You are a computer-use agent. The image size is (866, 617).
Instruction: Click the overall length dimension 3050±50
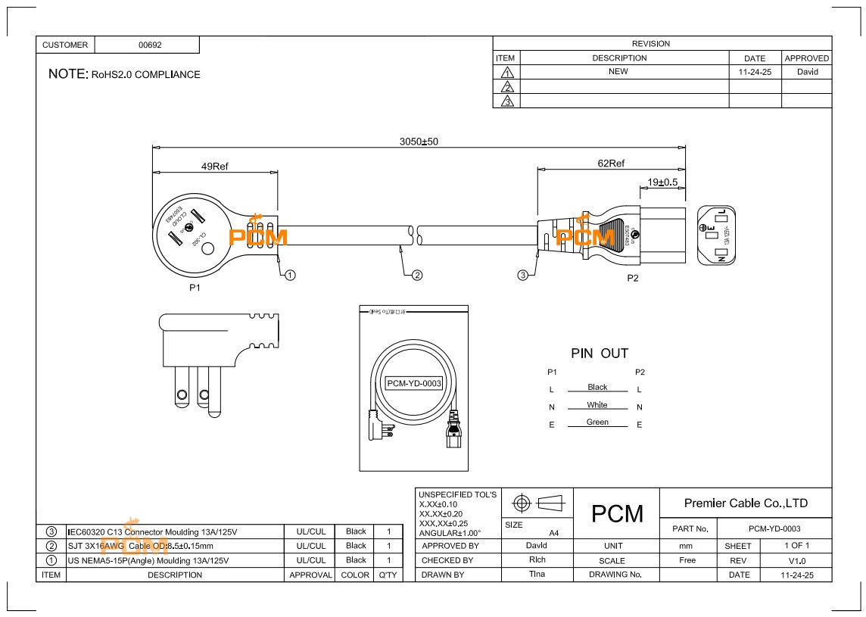pos(419,142)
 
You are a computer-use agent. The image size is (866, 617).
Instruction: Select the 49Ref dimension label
pos(214,167)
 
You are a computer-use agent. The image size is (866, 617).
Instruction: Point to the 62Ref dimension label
pos(611,164)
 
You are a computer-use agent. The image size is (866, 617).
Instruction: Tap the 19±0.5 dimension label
pos(662,182)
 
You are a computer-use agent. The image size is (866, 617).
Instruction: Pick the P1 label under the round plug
pos(195,288)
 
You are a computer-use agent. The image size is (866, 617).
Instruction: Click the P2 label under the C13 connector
pos(633,278)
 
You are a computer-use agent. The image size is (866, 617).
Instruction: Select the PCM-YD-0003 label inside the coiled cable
pos(413,383)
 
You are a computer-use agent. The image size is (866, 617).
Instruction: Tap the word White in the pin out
pos(597,405)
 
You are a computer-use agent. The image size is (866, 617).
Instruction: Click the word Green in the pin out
pos(597,422)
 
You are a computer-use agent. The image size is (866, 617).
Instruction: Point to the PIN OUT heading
pos(599,354)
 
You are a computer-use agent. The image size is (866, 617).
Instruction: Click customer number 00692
pos(150,45)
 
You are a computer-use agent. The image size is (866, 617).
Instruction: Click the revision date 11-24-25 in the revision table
pos(754,72)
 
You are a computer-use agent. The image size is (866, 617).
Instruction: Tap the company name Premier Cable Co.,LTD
pos(745,503)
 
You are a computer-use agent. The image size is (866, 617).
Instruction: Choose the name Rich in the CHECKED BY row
pos(537,560)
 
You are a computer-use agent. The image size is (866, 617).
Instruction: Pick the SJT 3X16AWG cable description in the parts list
pos(141,546)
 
